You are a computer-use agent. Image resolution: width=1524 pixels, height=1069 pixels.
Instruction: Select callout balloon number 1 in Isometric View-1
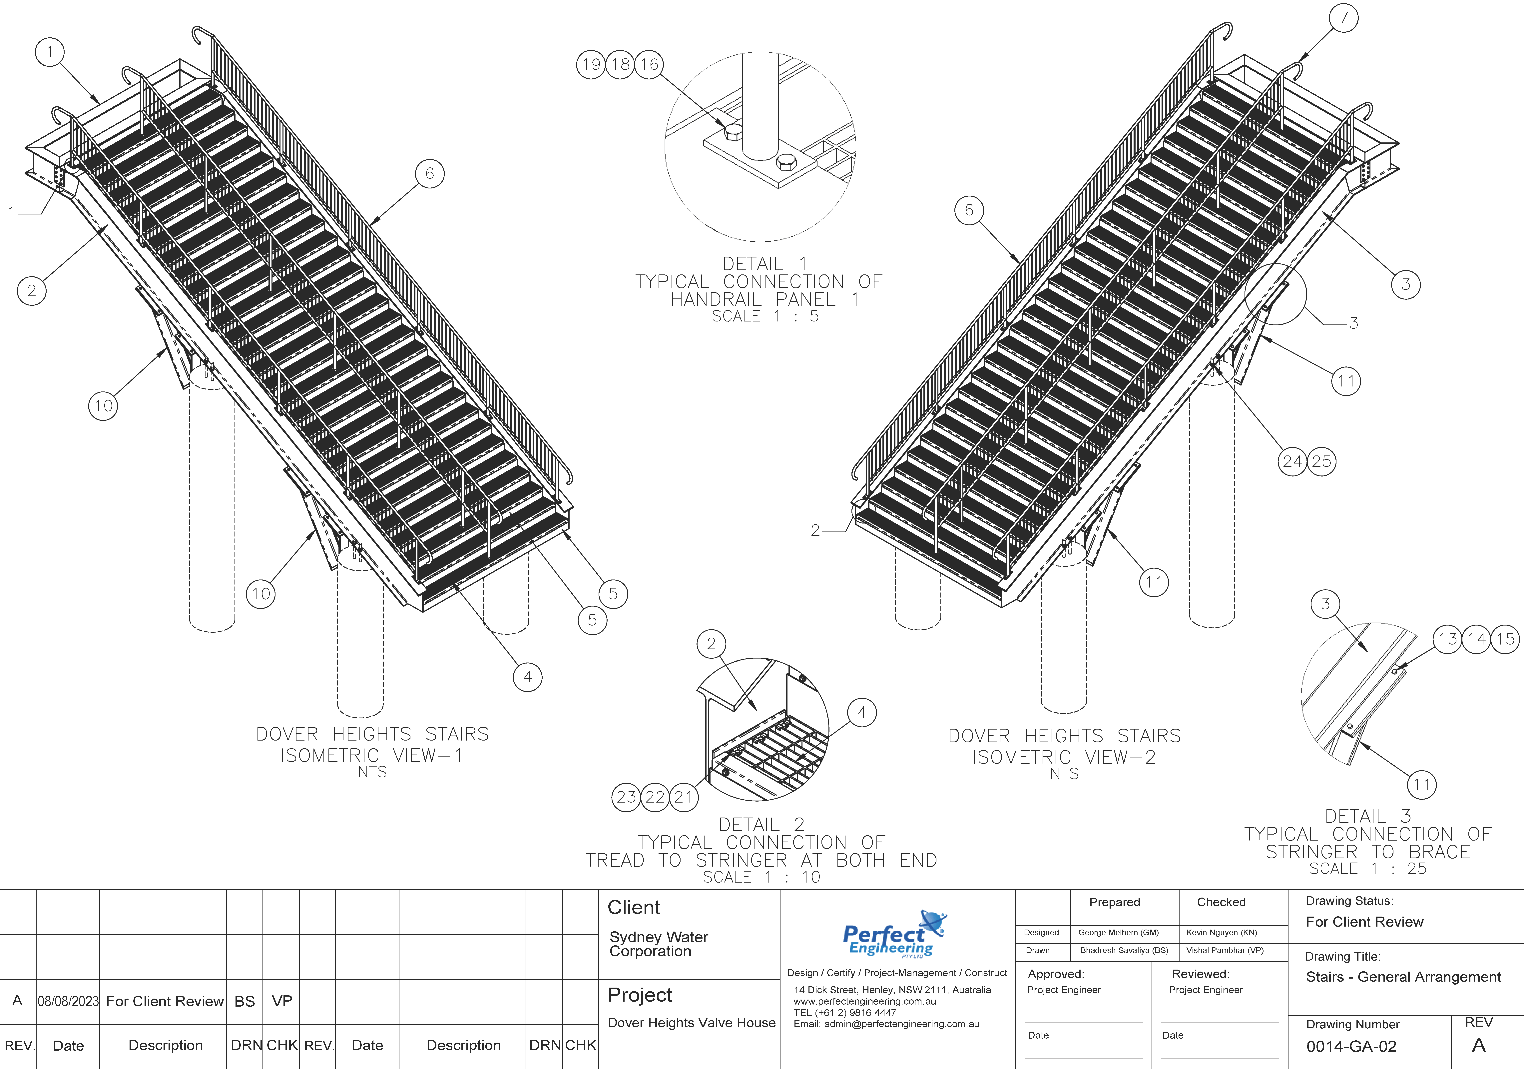50,52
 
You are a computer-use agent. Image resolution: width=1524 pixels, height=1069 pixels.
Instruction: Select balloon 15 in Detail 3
1505,639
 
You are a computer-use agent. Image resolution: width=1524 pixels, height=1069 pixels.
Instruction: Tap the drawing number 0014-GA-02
1351,1046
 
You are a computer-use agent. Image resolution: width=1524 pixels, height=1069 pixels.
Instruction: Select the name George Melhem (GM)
1118,932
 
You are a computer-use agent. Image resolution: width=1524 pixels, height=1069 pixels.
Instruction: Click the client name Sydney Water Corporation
659,944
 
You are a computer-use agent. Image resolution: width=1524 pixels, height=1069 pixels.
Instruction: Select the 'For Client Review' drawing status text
1365,922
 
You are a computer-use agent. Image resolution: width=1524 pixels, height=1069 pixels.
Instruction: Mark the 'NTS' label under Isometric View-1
372,772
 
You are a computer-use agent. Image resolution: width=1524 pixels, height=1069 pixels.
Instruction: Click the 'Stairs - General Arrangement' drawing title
1403,977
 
